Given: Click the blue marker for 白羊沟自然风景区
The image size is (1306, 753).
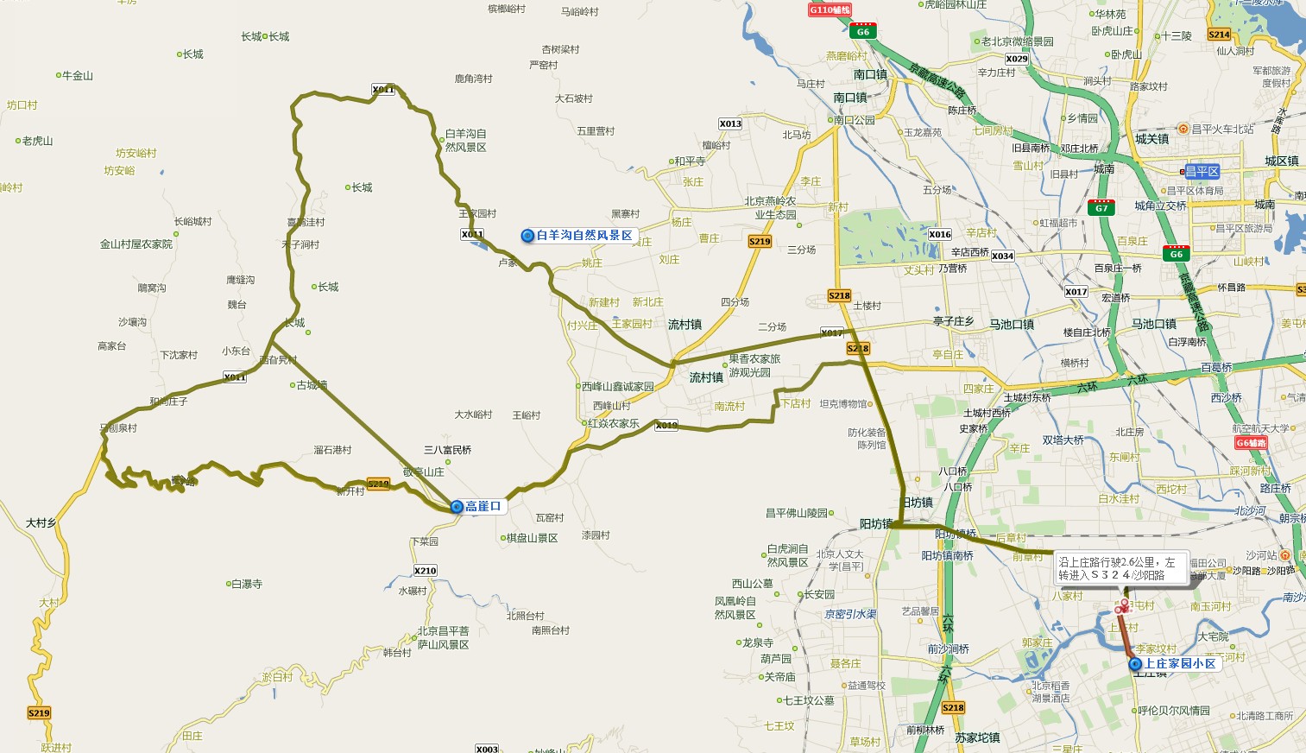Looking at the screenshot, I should [527, 236].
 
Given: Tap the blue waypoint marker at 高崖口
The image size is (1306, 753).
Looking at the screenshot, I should [457, 507].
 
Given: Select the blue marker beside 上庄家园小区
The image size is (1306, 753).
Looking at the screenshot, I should [1136, 664].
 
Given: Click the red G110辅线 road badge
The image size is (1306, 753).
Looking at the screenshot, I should [830, 9].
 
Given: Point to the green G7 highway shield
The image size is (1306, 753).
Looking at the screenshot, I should [1101, 208].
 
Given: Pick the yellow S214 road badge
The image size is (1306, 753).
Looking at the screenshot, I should [1219, 35].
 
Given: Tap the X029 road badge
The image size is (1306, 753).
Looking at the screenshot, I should [1017, 59].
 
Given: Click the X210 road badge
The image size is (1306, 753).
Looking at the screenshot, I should [425, 571].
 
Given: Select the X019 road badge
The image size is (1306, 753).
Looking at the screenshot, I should [666, 425].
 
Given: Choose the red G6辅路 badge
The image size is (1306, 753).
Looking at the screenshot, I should [1251, 443].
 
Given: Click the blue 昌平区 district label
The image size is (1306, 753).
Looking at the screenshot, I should [1202, 171].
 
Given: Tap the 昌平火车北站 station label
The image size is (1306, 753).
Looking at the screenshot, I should [1222, 130].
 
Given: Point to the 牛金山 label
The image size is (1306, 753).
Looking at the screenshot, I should [77, 76].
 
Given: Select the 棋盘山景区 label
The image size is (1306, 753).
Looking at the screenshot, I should [532, 538].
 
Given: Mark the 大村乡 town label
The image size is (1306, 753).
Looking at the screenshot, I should [41, 522].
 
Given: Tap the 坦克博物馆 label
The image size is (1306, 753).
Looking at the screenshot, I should [843, 404].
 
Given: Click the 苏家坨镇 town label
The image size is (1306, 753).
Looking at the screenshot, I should [977, 737].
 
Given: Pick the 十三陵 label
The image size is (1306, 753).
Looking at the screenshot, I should [1176, 36].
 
